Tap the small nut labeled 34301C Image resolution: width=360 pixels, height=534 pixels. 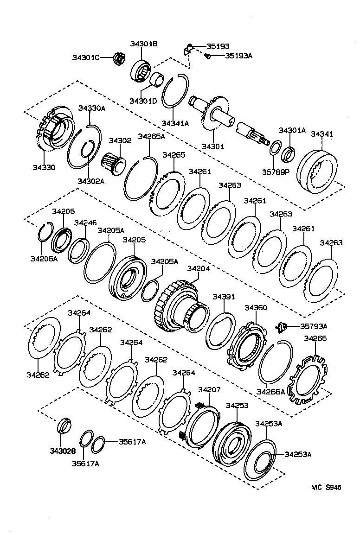(119, 58)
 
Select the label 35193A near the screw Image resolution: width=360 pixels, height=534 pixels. (239, 56)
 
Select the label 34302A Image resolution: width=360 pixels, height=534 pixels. (90, 181)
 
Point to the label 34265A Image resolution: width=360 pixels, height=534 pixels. (151, 136)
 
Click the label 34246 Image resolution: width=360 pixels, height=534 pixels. (85, 222)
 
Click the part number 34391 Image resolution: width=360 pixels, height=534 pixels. (224, 297)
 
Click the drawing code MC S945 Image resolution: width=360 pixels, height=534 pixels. (326, 487)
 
